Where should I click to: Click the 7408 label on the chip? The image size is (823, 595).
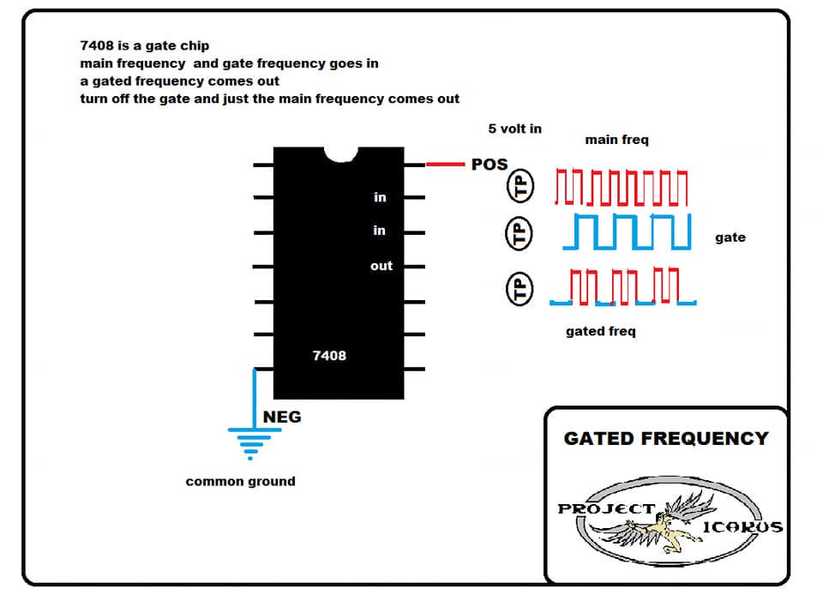click(329, 356)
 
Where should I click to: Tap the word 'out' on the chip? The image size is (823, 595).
click(381, 266)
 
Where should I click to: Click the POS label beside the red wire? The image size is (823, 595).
click(490, 165)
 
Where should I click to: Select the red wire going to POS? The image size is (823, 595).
click(445, 165)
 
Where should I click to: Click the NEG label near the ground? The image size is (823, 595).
click(282, 418)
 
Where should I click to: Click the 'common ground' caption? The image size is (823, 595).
click(240, 481)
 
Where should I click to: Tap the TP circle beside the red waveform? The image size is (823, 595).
click(520, 186)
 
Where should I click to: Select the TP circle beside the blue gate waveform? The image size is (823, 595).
click(519, 233)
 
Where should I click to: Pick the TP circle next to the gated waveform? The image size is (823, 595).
click(520, 289)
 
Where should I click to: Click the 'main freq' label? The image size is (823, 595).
click(616, 140)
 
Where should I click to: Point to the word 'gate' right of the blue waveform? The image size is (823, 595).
click(730, 237)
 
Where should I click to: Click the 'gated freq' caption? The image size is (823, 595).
click(600, 332)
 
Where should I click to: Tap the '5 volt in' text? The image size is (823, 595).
click(514, 129)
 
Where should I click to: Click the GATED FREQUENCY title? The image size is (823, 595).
click(666, 438)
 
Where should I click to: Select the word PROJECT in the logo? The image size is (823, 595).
click(606, 509)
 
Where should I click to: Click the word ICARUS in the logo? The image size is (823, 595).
click(742, 526)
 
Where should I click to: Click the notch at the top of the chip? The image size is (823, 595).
click(341, 154)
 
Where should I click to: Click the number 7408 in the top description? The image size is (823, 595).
click(97, 45)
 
